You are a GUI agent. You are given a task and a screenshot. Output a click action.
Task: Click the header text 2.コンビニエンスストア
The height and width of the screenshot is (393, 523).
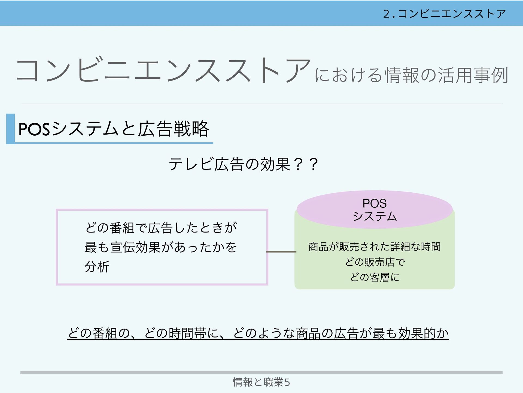(444, 14)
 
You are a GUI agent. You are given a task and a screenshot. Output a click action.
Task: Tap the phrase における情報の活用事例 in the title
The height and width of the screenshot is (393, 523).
(411, 75)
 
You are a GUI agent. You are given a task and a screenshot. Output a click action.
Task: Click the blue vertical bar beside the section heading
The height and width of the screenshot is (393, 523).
(10, 129)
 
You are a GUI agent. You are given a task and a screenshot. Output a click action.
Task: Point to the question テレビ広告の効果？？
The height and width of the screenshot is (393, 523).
(243, 164)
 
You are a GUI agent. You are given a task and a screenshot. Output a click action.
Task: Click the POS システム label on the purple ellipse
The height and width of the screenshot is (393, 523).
(375, 210)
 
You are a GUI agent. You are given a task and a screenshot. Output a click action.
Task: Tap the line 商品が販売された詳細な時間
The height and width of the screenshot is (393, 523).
(375, 247)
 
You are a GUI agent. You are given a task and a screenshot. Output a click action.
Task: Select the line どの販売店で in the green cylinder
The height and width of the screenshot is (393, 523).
(375, 262)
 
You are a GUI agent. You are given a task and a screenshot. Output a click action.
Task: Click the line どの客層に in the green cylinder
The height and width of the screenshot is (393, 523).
(375, 277)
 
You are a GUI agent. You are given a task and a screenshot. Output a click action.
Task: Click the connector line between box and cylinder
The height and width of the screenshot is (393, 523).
(281, 252)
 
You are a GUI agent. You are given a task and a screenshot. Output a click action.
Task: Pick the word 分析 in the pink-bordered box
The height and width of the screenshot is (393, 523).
(97, 267)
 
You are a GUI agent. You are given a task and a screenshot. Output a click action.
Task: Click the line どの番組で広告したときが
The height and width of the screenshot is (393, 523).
(161, 227)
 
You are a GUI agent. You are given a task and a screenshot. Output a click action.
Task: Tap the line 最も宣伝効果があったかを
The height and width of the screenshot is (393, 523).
(161, 247)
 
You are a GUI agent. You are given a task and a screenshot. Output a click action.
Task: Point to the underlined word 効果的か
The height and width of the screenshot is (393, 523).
(423, 333)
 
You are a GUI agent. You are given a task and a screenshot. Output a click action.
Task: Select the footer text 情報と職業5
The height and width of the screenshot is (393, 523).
(261, 382)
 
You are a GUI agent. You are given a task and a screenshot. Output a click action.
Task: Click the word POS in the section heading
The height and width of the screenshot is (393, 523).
(34, 129)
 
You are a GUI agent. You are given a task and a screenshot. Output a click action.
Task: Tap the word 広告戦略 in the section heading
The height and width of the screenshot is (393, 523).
(173, 129)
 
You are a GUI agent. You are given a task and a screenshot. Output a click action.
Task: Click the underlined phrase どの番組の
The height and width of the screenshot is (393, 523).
(99, 333)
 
